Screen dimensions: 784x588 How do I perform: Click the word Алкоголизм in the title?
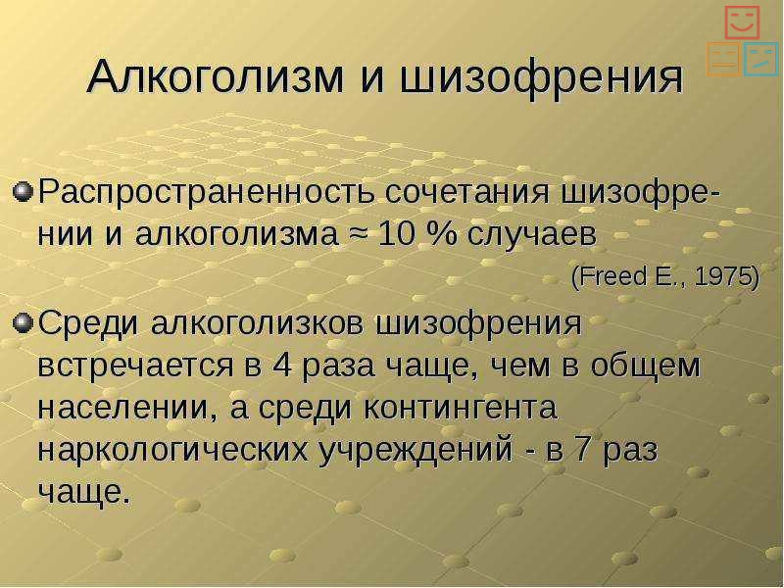click(x=216, y=76)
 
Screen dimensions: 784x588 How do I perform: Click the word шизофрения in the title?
click(x=541, y=78)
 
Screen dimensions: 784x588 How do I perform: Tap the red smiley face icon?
click(x=742, y=23)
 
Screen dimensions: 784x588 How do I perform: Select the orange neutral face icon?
click(x=723, y=59)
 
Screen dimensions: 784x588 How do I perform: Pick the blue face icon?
click(x=760, y=59)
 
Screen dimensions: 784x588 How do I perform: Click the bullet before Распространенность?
click(x=23, y=191)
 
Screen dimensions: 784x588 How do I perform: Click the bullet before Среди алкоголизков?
click(x=23, y=323)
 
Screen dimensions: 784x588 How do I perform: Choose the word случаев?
click(x=531, y=235)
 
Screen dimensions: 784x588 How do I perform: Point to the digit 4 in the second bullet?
click(x=282, y=366)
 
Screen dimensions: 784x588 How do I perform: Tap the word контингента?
click(x=459, y=408)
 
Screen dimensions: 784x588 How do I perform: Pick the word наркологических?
click(x=172, y=451)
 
